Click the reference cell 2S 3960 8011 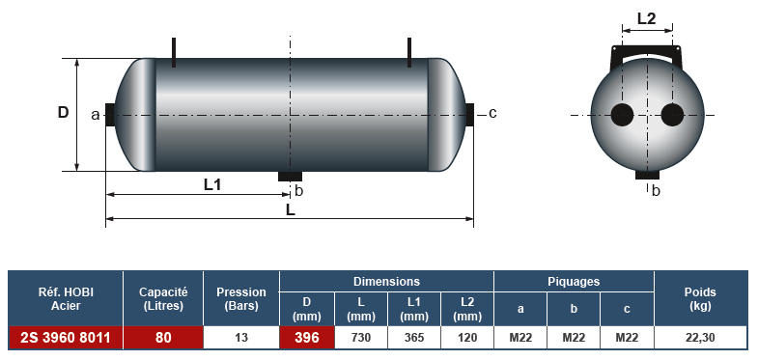coord(66,337)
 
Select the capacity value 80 coord(163,337)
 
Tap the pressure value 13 coord(241,337)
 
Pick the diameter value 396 coord(307,337)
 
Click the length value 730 coord(360,337)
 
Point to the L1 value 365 coord(414,337)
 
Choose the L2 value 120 coord(467,337)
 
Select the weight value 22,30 coord(700,337)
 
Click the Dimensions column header coord(386,281)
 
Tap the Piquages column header coord(574,281)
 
